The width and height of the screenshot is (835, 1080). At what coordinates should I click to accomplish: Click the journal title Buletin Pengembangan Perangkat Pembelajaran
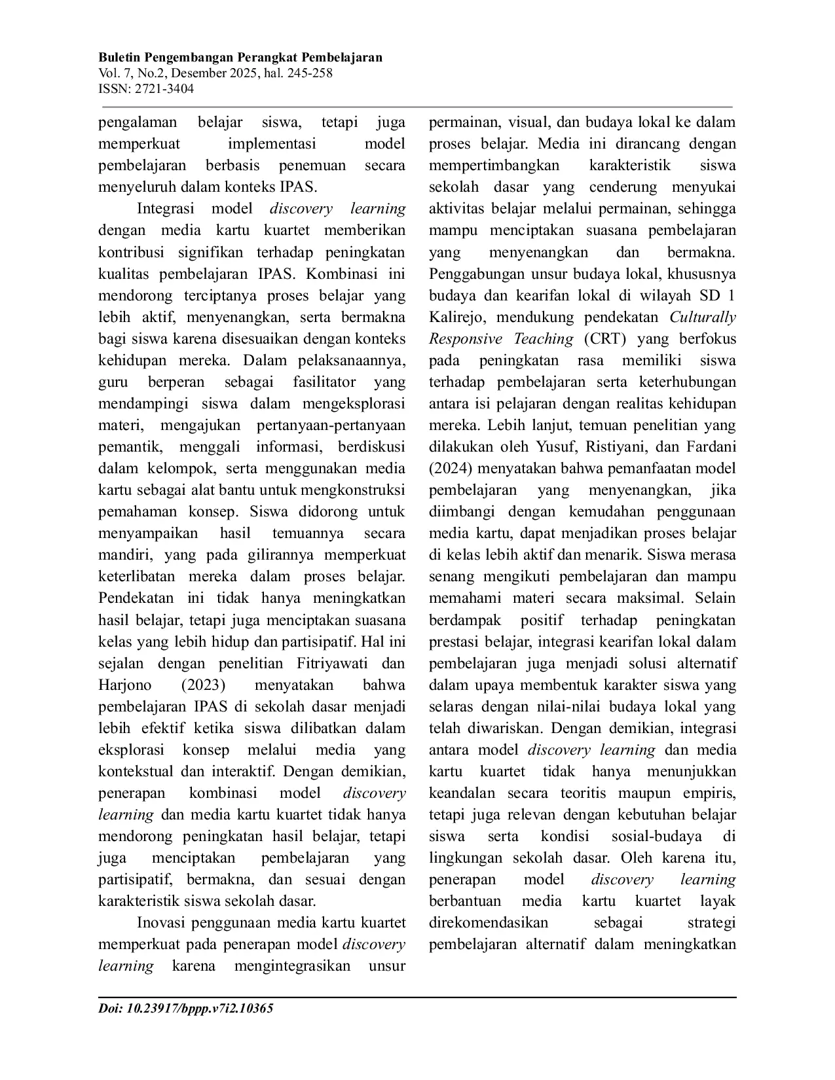tap(240, 58)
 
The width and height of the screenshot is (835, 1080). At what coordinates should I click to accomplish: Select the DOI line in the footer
tap(185, 1009)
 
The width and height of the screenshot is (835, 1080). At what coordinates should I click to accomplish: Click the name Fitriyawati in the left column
tap(333, 664)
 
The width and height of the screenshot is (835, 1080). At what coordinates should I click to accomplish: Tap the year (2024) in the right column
tap(451, 469)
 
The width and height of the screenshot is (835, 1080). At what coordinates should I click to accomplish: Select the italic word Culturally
tap(703, 317)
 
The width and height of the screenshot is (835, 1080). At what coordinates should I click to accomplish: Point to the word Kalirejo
tap(459, 317)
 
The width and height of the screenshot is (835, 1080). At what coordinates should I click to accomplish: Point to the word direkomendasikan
tap(489, 923)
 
